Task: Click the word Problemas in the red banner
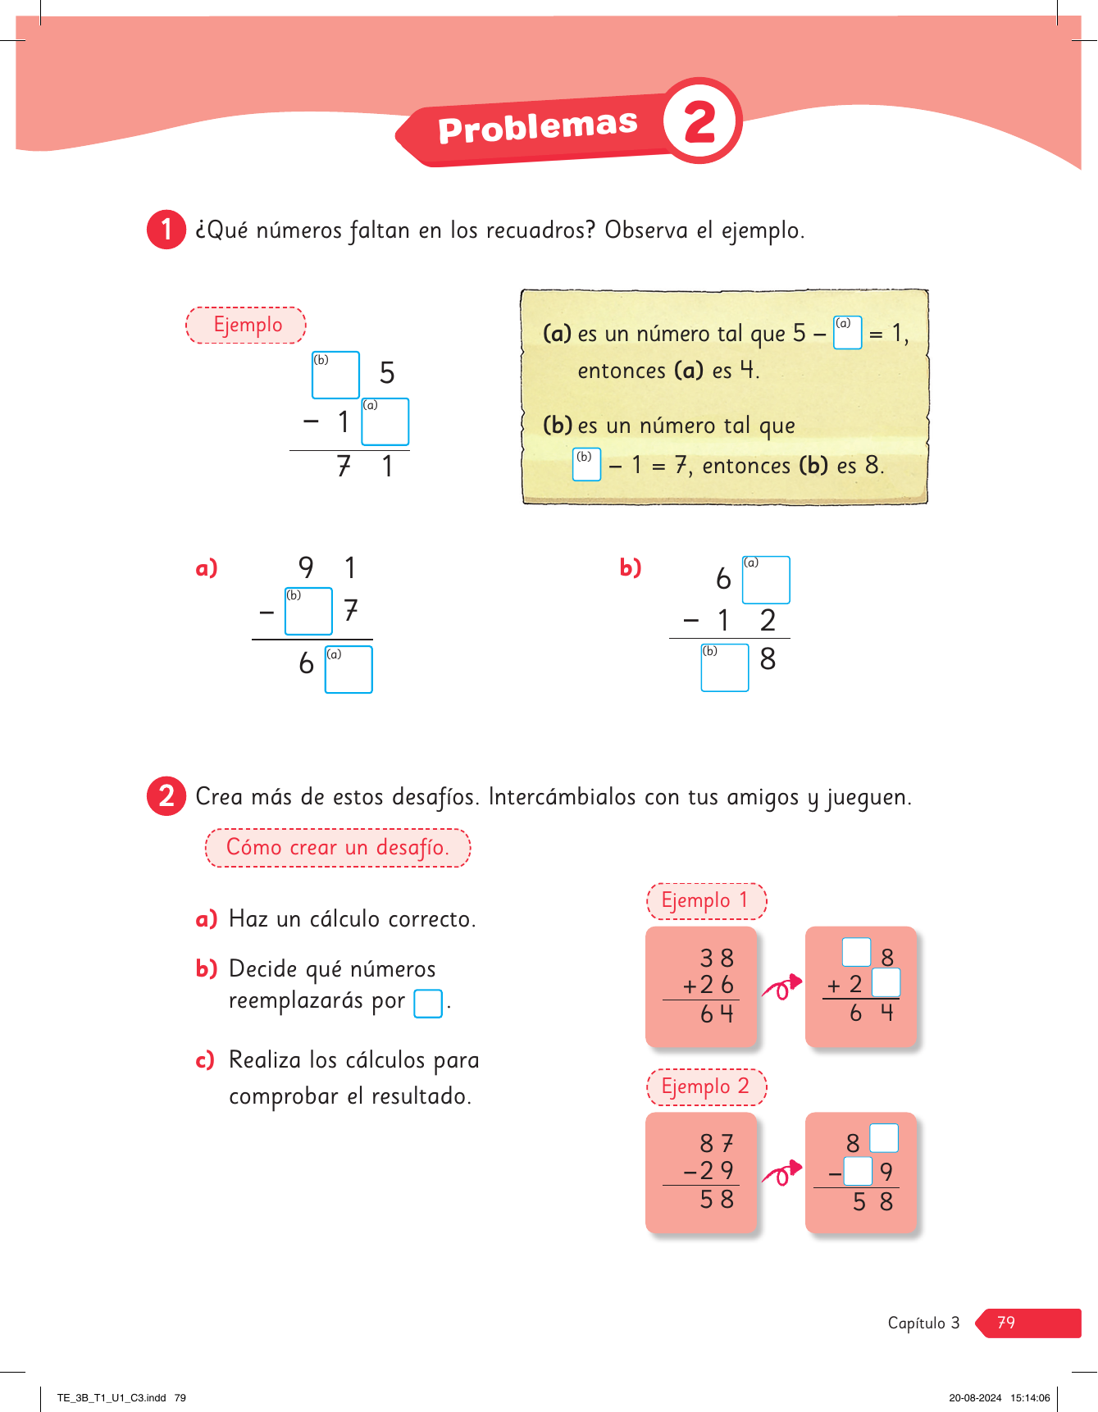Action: pos(537,127)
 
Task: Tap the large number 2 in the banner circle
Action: pos(700,122)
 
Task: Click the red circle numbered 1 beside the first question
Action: pos(166,230)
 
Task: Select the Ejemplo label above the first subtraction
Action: pos(246,325)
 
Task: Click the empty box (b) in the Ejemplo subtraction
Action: pos(335,376)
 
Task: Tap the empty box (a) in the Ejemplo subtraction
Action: pos(385,422)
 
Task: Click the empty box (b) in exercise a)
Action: pos(308,612)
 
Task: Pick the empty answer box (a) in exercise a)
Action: pos(349,670)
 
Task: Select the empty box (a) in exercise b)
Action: pos(766,581)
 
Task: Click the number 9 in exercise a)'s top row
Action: pos(306,567)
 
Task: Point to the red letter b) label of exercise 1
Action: pos(631,567)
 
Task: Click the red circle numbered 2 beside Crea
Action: pos(166,796)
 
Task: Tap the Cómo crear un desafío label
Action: pos(337,848)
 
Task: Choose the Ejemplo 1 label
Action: pos(706,901)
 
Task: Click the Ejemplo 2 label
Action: pos(706,1087)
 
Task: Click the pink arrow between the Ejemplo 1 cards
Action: pos(781,987)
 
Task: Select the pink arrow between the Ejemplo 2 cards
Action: pos(781,1173)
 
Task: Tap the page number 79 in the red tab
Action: pos(1006,1323)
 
